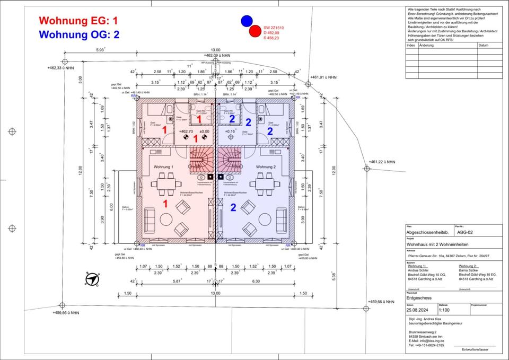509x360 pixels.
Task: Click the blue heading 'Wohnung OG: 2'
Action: click(x=80, y=35)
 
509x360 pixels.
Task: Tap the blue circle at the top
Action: click(x=247, y=21)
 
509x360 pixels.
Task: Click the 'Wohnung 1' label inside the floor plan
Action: click(x=164, y=167)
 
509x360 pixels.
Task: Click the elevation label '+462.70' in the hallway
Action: click(x=187, y=131)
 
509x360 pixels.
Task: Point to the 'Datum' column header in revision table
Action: click(x=483, y=46)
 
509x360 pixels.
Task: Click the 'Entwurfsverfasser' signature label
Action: click(x=475, y=350)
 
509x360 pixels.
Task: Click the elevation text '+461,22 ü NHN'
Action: click(x=383, y=162)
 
